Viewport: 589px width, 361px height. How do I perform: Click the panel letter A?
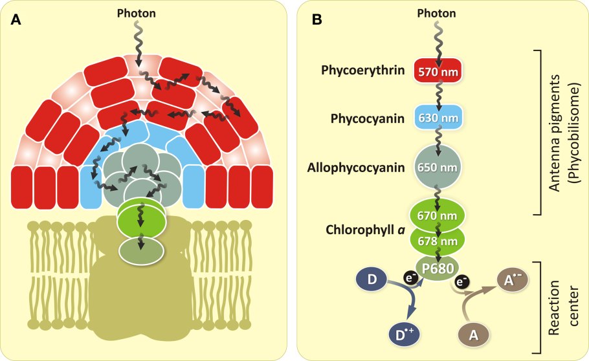point(16,20)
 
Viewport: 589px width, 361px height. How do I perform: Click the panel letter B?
point(318,20)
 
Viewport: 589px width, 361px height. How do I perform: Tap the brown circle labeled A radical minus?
point(509,280)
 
